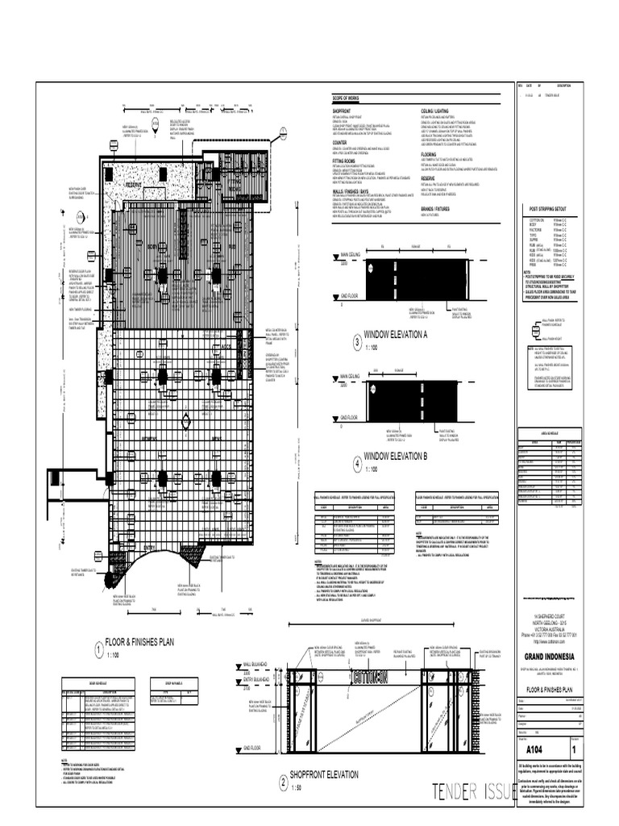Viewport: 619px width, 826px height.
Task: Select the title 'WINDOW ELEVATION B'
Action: tap(395, 456)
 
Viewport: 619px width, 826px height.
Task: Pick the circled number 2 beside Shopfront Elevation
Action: tap(283, 781)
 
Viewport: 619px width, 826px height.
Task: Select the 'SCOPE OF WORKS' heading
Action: tap(349, 98)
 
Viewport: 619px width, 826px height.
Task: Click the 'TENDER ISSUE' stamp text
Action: tap(471, 790)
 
